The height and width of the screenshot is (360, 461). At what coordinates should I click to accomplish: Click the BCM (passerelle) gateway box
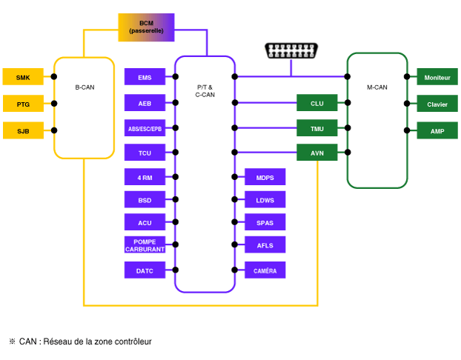(146, 27)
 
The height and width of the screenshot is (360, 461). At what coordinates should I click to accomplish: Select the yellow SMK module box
(23, 77)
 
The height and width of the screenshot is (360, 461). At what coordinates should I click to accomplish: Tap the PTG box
(23, 104)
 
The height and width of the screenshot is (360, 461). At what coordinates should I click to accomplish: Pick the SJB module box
(23, 130)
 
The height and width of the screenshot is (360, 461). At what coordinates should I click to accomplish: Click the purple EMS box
(145, 77)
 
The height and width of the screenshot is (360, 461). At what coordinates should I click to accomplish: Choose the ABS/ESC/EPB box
(145, 128)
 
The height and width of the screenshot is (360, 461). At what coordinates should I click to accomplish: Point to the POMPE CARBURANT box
(145, 244)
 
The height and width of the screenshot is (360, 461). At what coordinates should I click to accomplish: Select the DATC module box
(145, 270)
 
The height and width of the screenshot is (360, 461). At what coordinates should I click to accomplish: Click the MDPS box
(265, 176)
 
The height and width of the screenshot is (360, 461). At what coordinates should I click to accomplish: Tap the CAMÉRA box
(265, 270)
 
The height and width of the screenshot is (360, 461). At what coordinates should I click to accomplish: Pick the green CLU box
(317, 102)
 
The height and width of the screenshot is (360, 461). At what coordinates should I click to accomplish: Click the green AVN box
(317, 153)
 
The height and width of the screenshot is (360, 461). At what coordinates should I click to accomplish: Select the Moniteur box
(437, 77)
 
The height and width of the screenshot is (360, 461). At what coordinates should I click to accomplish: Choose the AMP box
(437, 130)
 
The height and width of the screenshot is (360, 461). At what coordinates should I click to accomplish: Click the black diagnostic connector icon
(291, 50)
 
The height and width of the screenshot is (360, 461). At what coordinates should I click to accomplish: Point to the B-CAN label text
(84, 87)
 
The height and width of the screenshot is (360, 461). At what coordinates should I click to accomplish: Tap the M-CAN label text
(377, 87)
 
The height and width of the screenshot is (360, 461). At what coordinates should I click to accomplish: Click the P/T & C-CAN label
(205, 91)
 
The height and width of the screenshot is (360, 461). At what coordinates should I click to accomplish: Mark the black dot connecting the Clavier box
(407, 104)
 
